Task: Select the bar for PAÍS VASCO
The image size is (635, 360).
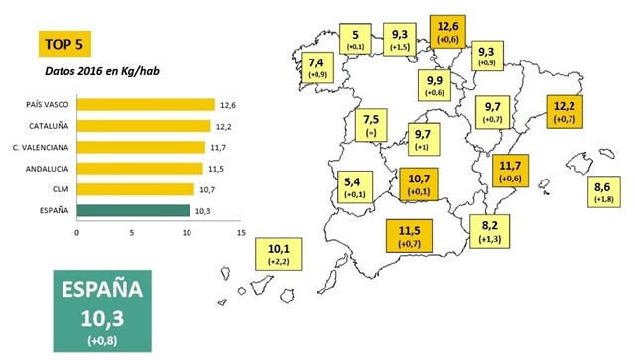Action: pos(145,105)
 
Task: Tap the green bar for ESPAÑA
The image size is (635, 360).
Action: pos(132,210)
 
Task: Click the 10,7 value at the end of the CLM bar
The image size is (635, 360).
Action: pos(207,188)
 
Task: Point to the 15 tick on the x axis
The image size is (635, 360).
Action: pos(241,234)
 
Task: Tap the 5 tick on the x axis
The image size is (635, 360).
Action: pos(132,234)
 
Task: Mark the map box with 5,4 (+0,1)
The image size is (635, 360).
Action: pos(352,187)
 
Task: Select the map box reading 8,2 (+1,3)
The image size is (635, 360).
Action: pos(489,230)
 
